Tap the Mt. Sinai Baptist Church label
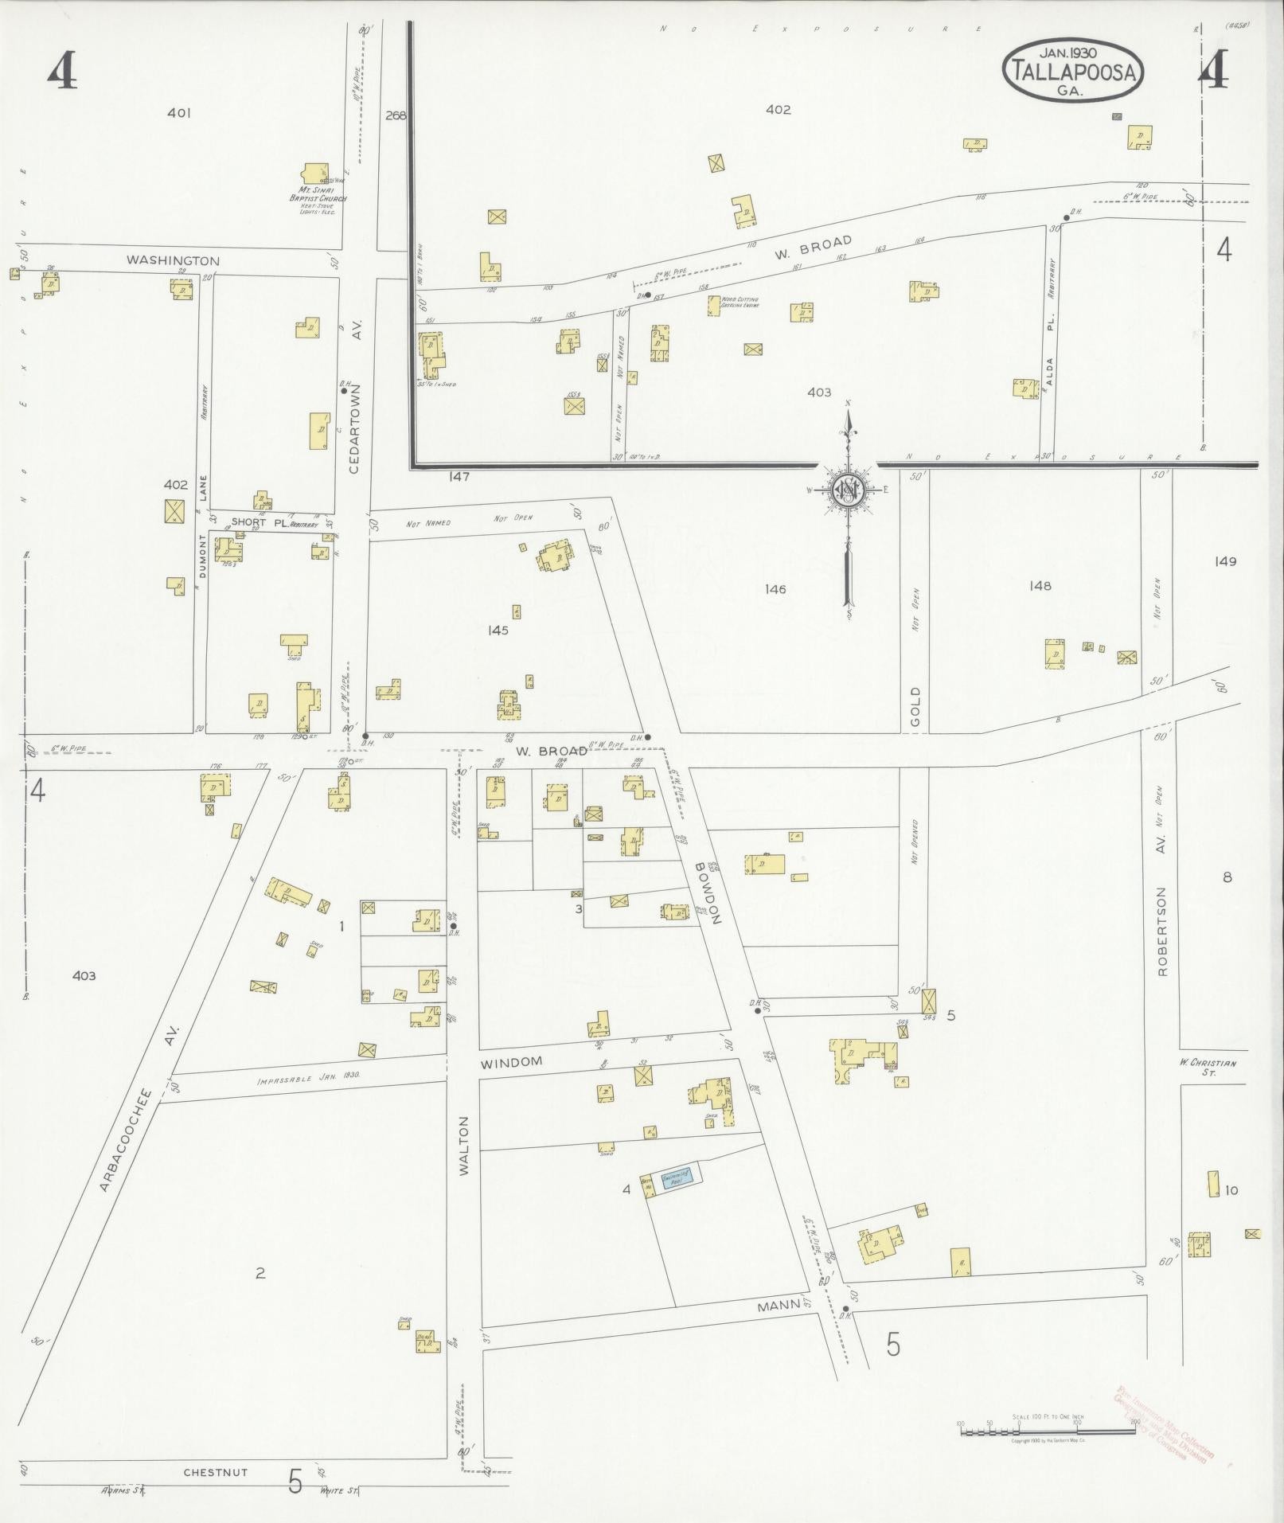click(316, 194)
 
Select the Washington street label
click(173, 260)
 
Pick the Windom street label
click(511, 1062)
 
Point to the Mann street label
click(778, 1306)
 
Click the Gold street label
click(915, 707)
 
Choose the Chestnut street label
click(215, 1472)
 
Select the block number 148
click(1040, 585)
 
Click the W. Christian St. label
click(1208, 1067)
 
